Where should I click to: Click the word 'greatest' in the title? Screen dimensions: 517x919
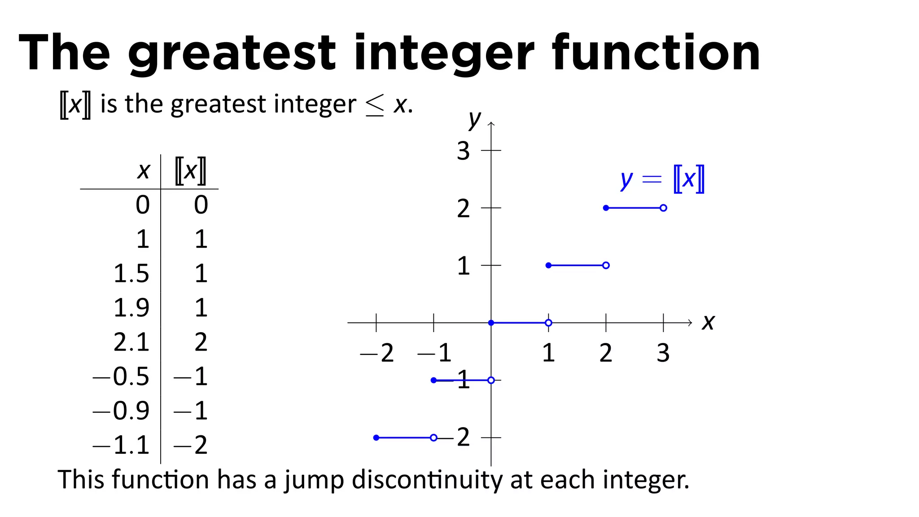(x=232, y=53)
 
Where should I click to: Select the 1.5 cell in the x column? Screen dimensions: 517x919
(x=131, y=273)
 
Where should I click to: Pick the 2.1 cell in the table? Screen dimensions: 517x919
(x=131, y=342)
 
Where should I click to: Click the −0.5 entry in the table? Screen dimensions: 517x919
(x=121, y=377)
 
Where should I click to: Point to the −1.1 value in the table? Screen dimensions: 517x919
(x=121, y=445)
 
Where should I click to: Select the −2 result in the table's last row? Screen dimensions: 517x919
(x=191, y=445)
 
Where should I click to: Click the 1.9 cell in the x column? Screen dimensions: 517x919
(x=131, y=308)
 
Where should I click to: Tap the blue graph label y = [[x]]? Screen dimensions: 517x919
(x=662, y=180)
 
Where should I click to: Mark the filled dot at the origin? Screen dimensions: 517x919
(x=491, y=323)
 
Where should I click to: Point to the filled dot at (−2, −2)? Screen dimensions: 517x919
(x=376, y=438)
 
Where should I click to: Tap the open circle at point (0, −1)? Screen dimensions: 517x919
(x=491, y=380)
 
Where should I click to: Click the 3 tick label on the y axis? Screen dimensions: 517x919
(x=463, y=151)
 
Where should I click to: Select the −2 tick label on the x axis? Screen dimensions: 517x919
(x=377, y=353)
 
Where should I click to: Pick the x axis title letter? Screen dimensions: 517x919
(x=708, y=322)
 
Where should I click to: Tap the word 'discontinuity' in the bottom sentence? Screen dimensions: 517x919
(x=428, y=480)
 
